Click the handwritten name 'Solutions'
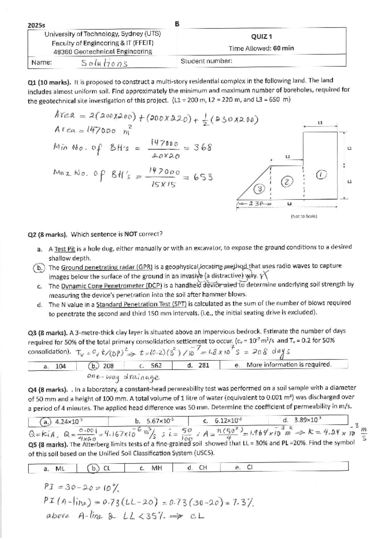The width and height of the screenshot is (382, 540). pyautogui.click(x=104, y=63)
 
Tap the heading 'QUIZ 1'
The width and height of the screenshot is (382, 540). pyautogui.click(x=261, y=37)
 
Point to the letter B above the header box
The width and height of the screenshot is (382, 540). pyautogui.click(x=177, y=24)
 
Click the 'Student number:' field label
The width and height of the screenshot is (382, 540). pyautogui.click(x=206, y=61)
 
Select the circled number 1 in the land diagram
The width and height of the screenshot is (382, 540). pyautogui.click(x=321, y=175)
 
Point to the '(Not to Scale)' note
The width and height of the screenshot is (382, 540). pyautogui.click(x=303, y=216)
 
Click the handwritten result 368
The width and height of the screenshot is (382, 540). pyautogui.click(x=203, y=147)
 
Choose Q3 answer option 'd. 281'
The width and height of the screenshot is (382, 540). pyautogui.click(x=198, y=365)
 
